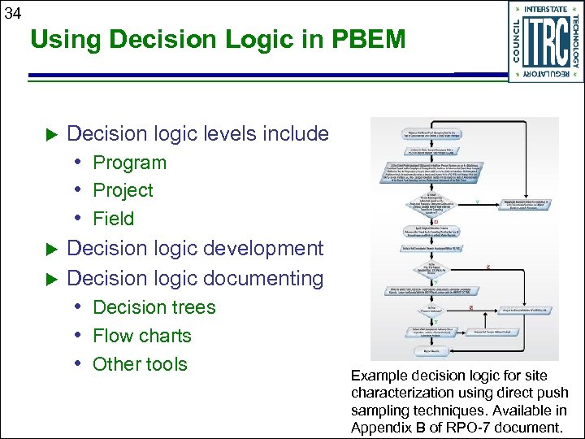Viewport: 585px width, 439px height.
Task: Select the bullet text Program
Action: point(129,163)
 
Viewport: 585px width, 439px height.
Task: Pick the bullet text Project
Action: point(123,190)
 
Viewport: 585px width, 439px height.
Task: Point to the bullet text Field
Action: point(113,219)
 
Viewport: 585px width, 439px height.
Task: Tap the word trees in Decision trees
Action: point(192,307)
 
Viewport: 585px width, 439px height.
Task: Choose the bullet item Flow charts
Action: point(141,336)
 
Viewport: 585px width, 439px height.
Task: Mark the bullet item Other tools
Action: point(140,364)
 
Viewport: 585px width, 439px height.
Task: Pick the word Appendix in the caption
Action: point(381,428)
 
